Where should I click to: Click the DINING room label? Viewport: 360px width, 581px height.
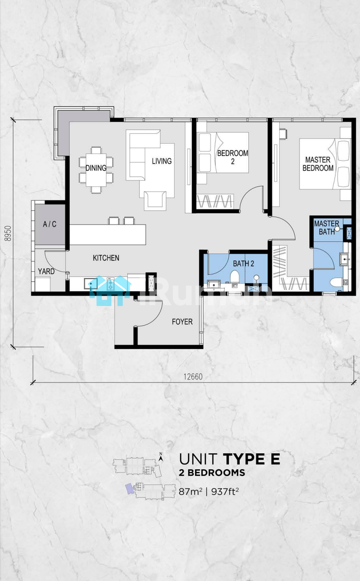point(96,168)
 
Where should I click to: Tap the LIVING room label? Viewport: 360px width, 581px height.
point(162,161)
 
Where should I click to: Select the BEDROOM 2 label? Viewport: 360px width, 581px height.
point(232,157)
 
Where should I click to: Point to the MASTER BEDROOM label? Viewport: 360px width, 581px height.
point(318,164)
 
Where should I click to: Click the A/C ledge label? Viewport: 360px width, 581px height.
point(50,224)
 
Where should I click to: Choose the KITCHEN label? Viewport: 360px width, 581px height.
point(106,258)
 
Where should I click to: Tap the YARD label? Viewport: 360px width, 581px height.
point(46,272)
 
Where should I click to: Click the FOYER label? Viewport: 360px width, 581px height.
point(182,322)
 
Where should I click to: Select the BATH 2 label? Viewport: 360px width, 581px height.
point(243,264)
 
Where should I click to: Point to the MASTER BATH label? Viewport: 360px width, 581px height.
point(327,228)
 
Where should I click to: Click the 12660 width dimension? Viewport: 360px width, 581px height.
point(193,377)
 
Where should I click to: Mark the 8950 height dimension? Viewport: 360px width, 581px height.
point(8,233)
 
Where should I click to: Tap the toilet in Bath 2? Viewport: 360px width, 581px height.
point(235,278)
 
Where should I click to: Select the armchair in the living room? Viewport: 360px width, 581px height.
point(155,201)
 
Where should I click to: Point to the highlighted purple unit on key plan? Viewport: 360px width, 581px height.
point(129,489)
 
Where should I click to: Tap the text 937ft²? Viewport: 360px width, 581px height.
point(225,492)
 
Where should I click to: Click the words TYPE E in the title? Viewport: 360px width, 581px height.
point(252,459)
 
